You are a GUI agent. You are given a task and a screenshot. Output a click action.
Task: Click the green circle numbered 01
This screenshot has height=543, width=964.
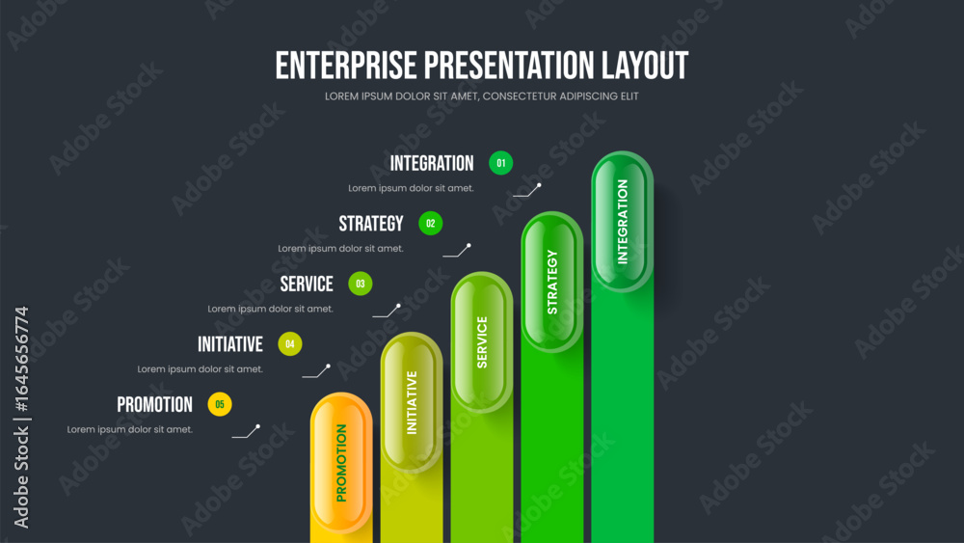click(500, 163)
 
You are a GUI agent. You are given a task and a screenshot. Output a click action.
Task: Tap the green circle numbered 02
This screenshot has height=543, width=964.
click(430, 223)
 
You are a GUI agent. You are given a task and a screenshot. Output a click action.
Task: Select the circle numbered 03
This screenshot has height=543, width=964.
click(361, 284)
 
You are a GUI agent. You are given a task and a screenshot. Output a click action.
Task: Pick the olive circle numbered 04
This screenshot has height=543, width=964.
click(290, 343)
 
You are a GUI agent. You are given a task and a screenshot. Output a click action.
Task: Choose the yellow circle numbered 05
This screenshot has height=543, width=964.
click(220, 404)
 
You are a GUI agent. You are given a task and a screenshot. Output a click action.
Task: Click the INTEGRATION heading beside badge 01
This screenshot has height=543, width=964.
click(432, 163)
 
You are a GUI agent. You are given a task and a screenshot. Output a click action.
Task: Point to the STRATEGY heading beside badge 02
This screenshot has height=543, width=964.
click(371, 223)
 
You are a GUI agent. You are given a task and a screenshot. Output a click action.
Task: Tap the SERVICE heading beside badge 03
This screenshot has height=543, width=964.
click(307, 284)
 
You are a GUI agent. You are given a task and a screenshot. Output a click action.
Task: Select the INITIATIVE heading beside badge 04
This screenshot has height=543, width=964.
click(230, 343)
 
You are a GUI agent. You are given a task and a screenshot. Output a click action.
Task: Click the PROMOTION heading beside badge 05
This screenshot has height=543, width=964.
click(154, 404)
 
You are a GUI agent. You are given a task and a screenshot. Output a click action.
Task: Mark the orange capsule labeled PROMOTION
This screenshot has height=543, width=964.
click(341, 463)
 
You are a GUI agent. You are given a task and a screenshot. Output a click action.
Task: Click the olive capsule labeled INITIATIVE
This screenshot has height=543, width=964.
click(412, 403)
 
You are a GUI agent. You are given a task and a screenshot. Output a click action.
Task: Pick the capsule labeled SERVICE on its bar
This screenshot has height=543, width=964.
click(482, 342)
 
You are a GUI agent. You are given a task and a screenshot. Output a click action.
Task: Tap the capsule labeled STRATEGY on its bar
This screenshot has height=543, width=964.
click(552, 283)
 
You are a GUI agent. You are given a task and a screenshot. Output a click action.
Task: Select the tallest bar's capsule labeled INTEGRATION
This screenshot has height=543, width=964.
click(622, 222)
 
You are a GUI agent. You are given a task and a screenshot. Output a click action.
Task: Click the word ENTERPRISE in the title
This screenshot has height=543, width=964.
click(346, 66)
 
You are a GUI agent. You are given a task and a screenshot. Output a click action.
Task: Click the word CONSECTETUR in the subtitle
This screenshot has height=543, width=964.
click(520, 96)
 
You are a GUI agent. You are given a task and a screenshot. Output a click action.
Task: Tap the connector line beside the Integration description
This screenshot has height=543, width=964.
click(527, 191)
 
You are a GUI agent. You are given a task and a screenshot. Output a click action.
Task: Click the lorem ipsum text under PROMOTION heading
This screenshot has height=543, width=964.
click(130, 429)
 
